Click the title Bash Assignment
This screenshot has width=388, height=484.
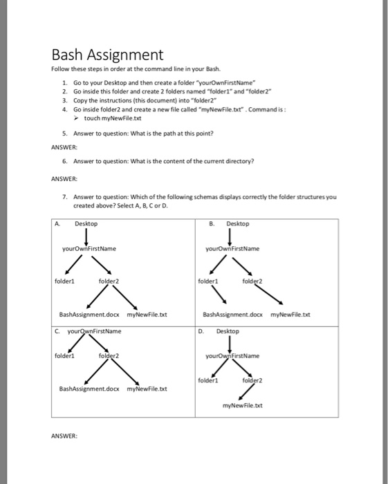(x=107, y=55)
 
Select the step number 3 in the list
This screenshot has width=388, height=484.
(x=64, y=100)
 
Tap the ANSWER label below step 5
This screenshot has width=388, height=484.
(x=64, y=147)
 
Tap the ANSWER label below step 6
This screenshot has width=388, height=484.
(x=64, y=176)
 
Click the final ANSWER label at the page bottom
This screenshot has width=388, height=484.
(x=64, y=436)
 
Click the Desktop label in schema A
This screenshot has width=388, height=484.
(x=86, y=224)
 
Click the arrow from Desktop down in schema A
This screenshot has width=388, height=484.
(x=86, y=237)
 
